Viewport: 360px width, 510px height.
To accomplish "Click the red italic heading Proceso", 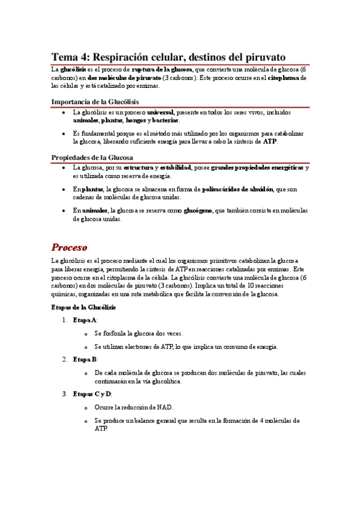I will click(x=69, y=247).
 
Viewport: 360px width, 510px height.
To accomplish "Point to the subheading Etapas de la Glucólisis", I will click(x=84, y=307).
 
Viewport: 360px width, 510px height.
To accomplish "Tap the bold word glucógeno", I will click(x=197, y=210).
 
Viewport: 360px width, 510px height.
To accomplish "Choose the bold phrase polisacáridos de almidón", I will click(x=237, y=189).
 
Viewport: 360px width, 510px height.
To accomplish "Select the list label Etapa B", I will click(x=85, y=359).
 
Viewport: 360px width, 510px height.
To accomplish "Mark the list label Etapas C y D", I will click(x=91, y=394).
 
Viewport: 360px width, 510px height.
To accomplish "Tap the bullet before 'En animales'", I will click(x=64, y=210).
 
